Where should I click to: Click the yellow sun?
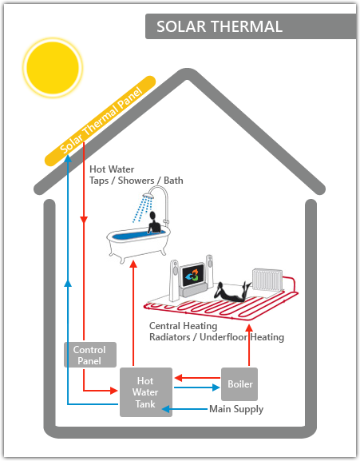(53, 67)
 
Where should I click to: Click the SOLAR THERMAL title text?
(220, 26)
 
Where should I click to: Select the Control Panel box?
(90, 355)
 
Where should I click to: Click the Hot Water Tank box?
(146, 392)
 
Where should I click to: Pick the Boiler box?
(239, 384)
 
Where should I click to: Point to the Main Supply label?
(236, 409)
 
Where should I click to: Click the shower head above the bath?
(149, 195)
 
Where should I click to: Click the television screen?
(193, 276)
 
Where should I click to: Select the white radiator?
(267, 280)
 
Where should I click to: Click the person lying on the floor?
(232, 292)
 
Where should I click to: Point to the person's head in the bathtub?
(152, 216)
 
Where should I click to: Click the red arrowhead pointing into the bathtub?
(133, 264)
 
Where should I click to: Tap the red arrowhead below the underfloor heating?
(249, 328)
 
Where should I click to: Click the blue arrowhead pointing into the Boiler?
(216, 387)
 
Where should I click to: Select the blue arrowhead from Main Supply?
(165, 409)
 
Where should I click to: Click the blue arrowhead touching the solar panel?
(68, 159)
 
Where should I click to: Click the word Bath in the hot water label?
(173, 181)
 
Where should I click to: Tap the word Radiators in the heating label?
(170, 337)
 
